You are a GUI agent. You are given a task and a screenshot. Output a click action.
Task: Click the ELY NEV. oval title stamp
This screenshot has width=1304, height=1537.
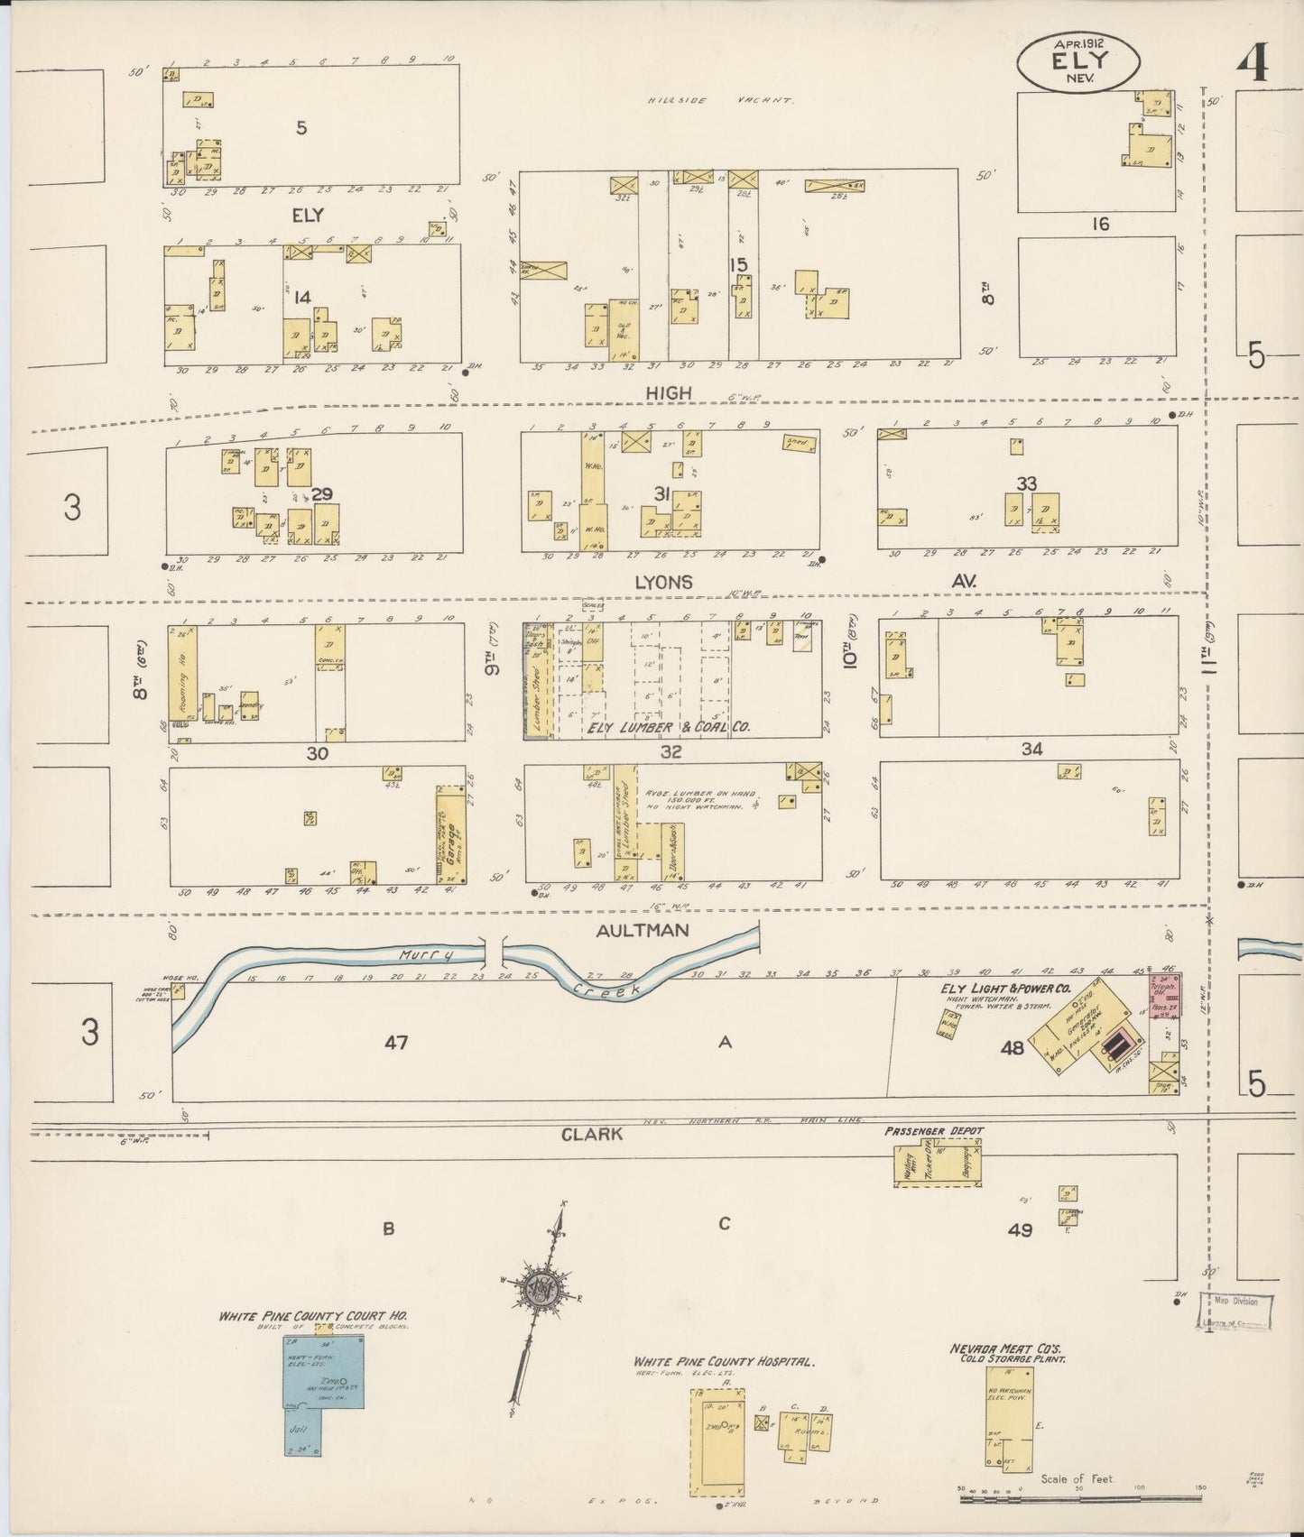1078,61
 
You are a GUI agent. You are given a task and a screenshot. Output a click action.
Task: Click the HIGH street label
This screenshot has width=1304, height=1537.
669,392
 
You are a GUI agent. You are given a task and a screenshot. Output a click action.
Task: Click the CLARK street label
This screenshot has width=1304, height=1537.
592,1134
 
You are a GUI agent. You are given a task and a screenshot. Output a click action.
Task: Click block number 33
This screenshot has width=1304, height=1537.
1026,483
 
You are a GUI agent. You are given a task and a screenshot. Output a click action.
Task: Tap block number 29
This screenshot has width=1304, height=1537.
322,493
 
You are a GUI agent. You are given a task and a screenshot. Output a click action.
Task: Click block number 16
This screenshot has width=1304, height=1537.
1099,224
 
